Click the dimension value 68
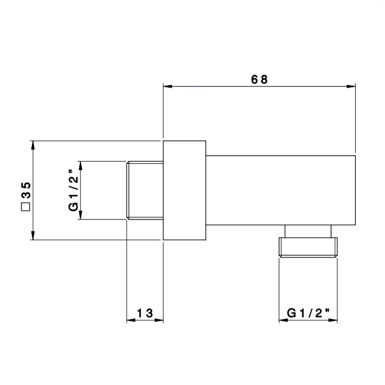pos(259,80)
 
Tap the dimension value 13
pos(145,313)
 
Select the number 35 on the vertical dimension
pos(26,190)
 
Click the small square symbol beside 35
pos(25,207)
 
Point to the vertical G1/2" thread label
pos(73,190)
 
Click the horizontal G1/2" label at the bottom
pos(308,313)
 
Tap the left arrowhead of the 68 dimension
pos(168,86)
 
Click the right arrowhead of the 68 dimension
pos(351,86)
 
